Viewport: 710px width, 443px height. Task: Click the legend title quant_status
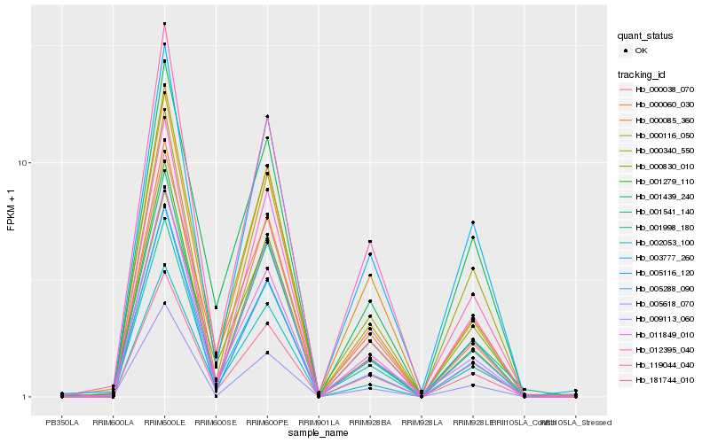tap(645, 35)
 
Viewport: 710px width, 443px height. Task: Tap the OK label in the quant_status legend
tap(641, 51)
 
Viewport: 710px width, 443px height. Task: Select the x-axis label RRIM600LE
tap(164, 422)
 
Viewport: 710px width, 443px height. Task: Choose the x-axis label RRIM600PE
tap(267, 422)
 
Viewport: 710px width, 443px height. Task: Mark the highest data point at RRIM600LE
tap(164, 24)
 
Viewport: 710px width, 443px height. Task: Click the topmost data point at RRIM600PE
tap(267, 116)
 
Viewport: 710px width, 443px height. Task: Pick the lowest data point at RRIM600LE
tap(164, 303)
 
